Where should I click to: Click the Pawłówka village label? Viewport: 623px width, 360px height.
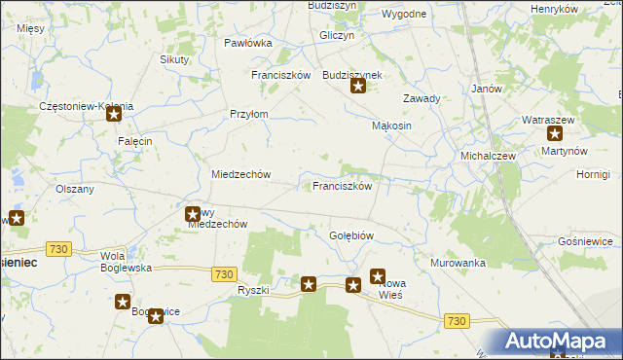tap(247, 43)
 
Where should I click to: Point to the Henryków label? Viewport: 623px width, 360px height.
tap(554, 9)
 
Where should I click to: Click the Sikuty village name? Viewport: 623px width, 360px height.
tap(174, 59)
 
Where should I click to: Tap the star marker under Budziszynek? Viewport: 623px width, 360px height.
tap(358, 88)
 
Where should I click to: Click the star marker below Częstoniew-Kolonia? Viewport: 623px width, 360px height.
tap(114, 115)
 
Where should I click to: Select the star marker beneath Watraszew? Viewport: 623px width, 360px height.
tap(555, 135)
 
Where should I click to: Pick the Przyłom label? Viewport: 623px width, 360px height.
tap(248, 114)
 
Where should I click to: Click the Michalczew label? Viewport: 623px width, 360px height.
tap(488, 156)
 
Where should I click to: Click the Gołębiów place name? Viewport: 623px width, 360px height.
tap(351, 235)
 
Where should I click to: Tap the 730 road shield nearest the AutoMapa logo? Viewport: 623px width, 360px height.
tap(457, 320)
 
